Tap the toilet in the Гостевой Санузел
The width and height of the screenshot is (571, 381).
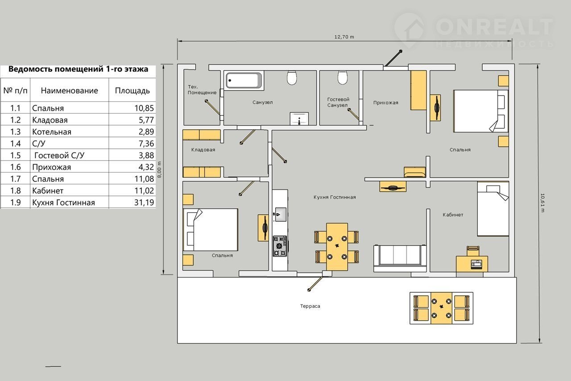[x=342, y=77]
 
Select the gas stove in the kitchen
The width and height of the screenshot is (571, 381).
[x=280, y=246]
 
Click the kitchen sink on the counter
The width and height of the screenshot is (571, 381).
[x=280, y=214]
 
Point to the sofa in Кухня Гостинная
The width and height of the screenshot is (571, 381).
[x=400, y=258]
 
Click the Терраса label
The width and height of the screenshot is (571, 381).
[x=310, y=306]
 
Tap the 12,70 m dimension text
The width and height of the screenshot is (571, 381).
[x=344, y=37]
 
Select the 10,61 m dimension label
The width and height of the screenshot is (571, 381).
[x=542, y=203]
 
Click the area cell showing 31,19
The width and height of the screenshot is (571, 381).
[x=144, y=203]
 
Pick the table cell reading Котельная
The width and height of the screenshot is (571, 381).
[x=52, y=132]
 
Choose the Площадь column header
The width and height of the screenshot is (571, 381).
[x=132, y=91]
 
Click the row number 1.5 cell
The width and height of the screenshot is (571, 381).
[x=15, y=155]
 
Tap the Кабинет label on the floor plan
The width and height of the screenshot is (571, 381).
[x=453, y=215]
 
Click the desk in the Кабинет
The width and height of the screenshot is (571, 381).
[x=472, y=264]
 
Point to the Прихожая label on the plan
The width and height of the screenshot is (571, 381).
[x=386, y=103]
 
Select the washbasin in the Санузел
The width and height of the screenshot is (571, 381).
[x=299, y=119]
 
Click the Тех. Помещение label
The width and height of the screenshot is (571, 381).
[x=202, y=90]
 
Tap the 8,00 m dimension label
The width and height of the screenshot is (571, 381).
[x=160, y=170]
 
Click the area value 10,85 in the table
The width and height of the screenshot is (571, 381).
[x=144, y=108]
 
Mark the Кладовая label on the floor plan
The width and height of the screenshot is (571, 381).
[x=203, y=150]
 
